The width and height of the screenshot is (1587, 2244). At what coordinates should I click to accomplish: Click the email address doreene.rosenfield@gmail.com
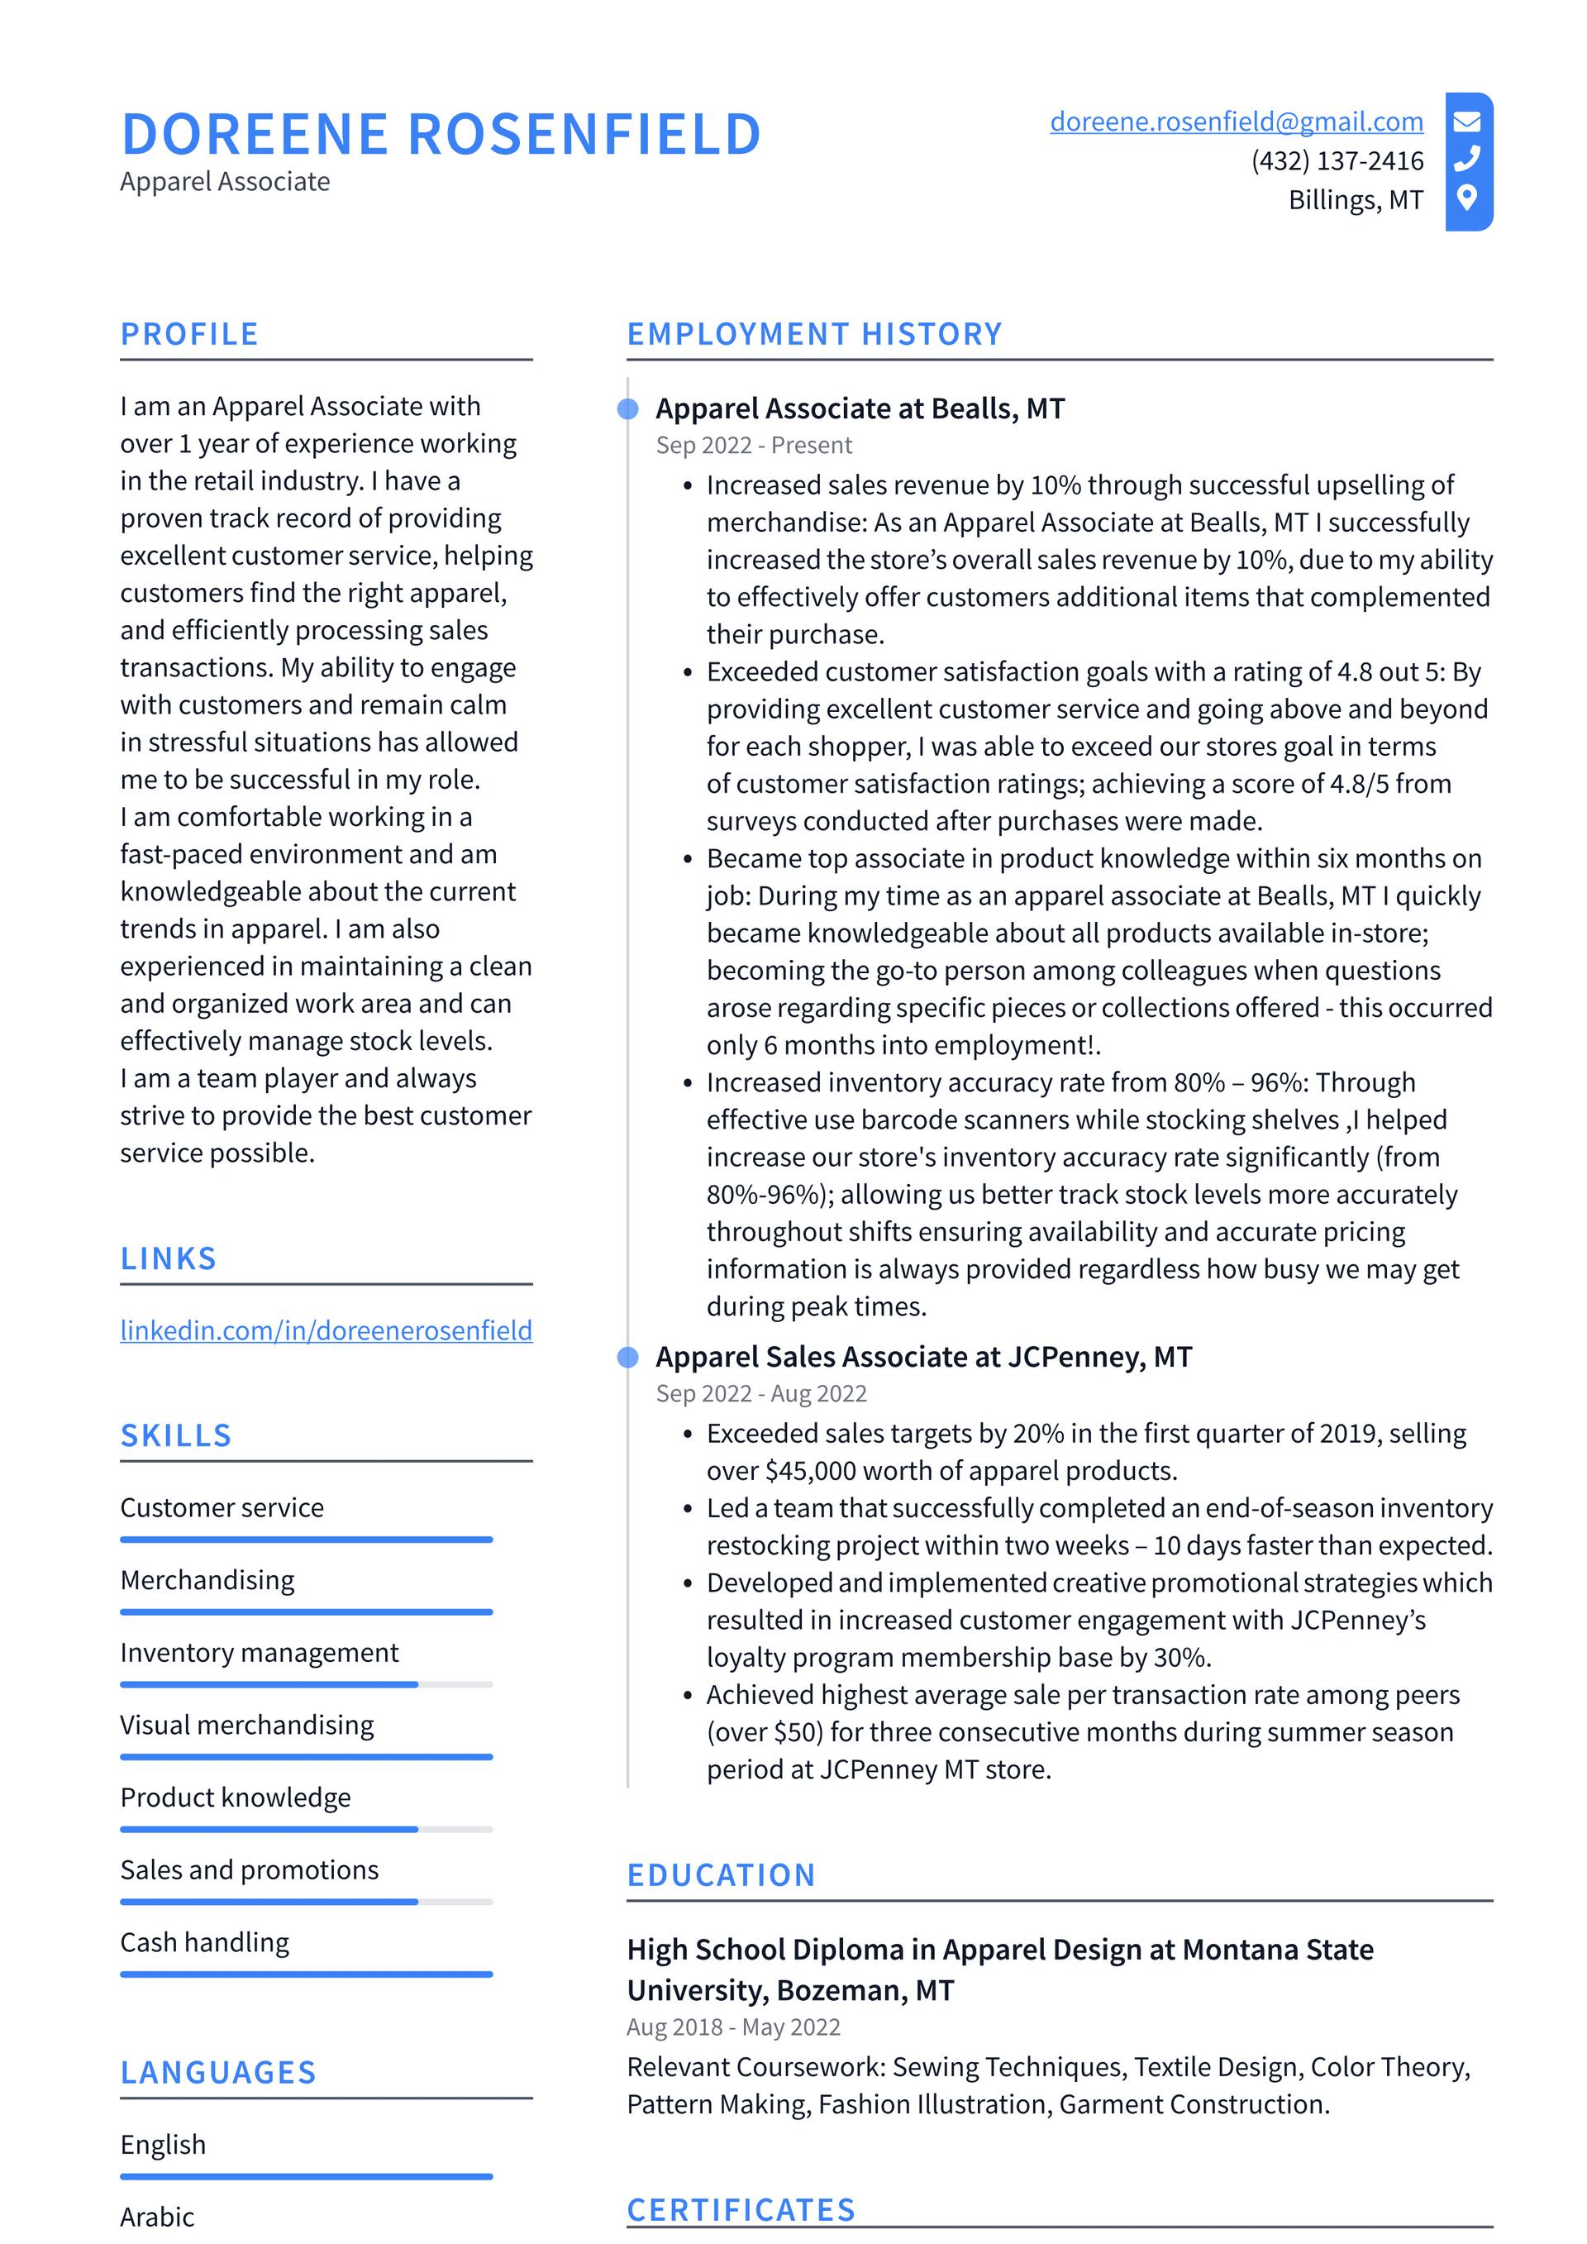pos(1237,122)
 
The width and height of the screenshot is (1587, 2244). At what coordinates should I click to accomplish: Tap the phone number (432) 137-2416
pos(1337,160)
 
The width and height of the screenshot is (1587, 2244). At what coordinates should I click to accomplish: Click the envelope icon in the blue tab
pos(1467,122)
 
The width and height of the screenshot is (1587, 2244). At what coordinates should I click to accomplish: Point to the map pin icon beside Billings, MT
pos(1465,198)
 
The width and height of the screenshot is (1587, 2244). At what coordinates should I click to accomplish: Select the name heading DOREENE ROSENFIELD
pos(441,134)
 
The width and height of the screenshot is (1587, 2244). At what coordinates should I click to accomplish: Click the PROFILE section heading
pos(189,334)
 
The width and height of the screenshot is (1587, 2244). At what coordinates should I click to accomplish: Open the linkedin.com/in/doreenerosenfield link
pos(326,1330)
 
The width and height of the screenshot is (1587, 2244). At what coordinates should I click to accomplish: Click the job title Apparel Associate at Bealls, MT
pos(860,408)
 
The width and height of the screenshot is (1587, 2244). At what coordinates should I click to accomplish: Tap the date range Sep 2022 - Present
pos(754,446)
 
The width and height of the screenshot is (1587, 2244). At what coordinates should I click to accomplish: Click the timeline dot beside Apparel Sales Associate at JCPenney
pos(628,1357)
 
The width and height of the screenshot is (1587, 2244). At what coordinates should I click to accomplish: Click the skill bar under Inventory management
pos(306,1684)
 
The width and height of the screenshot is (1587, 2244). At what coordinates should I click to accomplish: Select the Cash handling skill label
pos(204,1942)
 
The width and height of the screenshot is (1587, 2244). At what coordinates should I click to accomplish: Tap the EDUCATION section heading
pos(722,1874)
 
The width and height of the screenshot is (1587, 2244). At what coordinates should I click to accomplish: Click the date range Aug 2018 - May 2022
pos(733,2027)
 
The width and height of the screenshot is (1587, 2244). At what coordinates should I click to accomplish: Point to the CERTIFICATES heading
pos(741,2210)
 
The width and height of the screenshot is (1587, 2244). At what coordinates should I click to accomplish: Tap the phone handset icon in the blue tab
pos(1467,158)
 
